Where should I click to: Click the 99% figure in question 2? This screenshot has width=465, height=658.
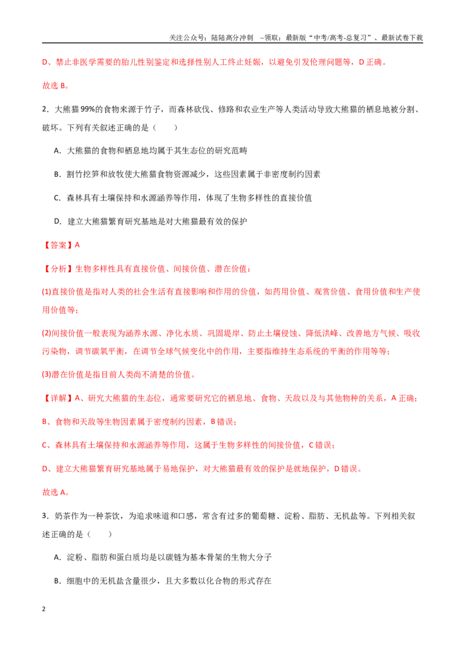(88, 109)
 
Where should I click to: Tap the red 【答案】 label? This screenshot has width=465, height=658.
(58, 245)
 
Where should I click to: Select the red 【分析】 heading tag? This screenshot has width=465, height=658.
(58, 269)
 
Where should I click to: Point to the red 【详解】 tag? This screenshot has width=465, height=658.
(58, 398)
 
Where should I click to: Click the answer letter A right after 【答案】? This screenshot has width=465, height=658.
(77, 245)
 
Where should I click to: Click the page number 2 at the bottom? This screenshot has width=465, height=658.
(44, 609)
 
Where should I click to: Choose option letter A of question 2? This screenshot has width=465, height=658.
(58, 151)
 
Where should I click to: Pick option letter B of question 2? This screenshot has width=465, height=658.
(58, 174)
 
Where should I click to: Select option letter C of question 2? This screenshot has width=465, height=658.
(58, 198)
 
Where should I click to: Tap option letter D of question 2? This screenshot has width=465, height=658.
(58, 221)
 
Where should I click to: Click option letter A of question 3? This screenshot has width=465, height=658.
(58, 557)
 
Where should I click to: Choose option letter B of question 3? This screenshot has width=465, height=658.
(58, 581)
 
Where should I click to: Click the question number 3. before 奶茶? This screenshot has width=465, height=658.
(45, 516)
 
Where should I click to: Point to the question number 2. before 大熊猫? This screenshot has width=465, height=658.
(45, 109)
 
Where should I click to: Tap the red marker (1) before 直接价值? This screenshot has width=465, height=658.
(46, 292)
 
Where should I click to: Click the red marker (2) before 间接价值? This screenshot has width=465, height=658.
(46, 333)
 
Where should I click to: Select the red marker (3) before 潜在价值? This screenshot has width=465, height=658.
(46, 374)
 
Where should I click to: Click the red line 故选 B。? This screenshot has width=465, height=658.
(56, 85)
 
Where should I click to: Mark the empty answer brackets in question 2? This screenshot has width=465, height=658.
(165, 127)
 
